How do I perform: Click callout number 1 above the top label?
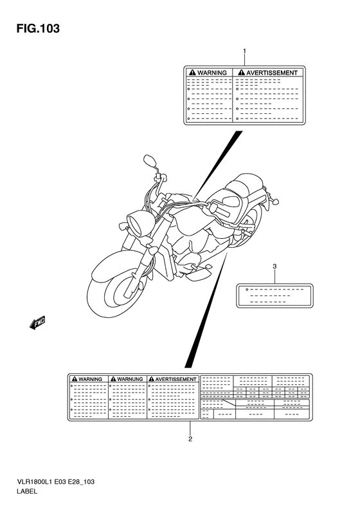245,51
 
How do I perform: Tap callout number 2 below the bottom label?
190,440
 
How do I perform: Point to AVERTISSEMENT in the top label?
271,73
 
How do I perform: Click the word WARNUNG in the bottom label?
130,380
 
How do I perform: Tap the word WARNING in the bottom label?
90,380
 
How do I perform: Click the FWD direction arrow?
37,323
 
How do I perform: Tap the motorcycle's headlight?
137,223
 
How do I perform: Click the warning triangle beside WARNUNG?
113,380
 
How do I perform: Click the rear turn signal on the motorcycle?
275,202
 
